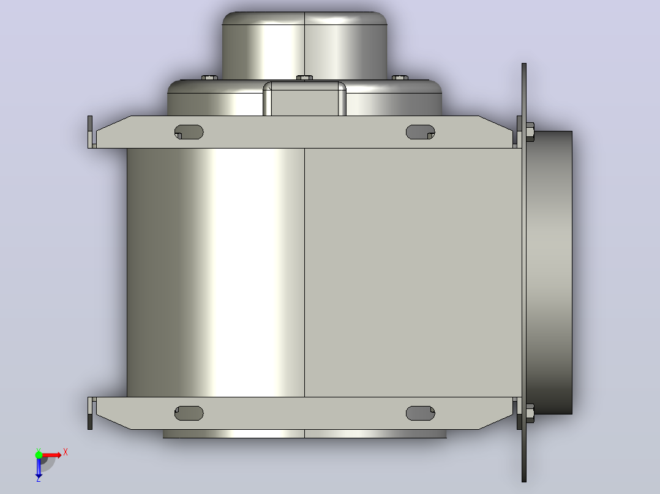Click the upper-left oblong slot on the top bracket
pos(189,132)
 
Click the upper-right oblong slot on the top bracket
pos(420,132)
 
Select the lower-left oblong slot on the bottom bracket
pos(189,413)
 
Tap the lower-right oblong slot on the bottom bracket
pos(420,413)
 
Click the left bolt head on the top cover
pos(209,78)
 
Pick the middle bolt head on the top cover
pos(304,78)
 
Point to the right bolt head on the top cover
pos(400,78)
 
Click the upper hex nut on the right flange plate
pos(530,132)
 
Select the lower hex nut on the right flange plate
pos(530,413)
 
